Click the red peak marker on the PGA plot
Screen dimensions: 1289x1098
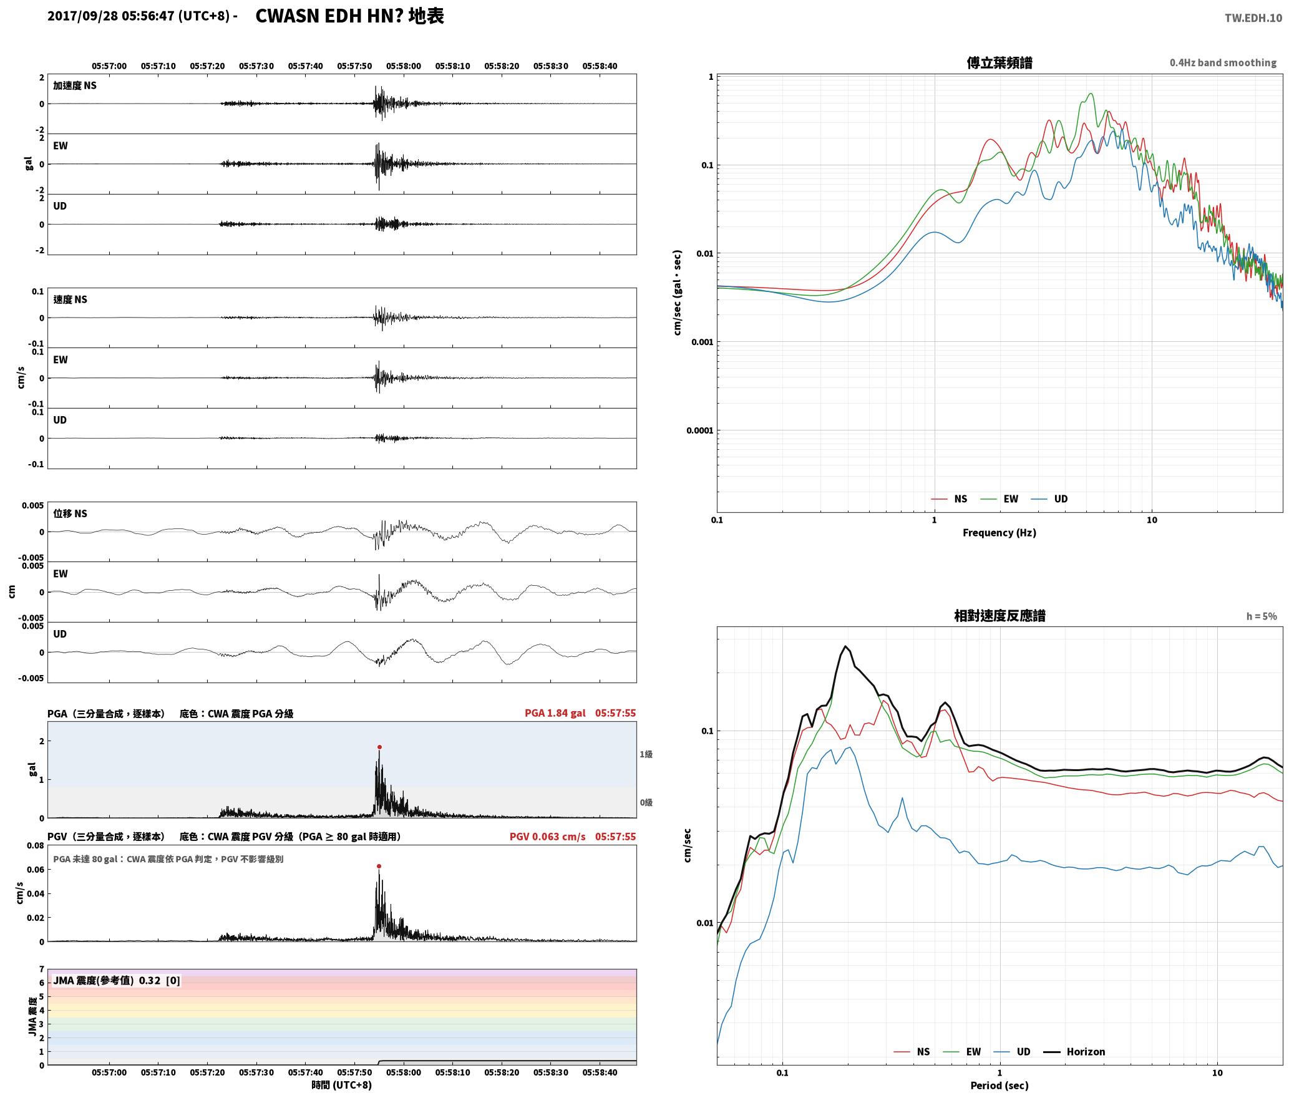[x=379, y=747]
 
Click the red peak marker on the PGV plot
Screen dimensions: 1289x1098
[x=379, y=866]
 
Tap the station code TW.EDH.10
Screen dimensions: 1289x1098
[x=1253, y=17]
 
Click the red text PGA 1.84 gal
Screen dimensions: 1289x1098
[x=555, y=713]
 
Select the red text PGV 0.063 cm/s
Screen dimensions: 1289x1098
[x=547, y=837]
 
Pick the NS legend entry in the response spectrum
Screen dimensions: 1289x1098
[x=912, y=1051]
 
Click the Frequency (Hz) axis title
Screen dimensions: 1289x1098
[x=999, y=532]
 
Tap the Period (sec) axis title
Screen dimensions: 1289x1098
[x=999, y=1085]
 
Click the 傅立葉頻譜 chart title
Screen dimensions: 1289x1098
[x=999, y=62]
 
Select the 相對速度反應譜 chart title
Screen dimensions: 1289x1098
[x=1000, y=615]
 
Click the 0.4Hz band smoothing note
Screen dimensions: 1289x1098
[x=1223, y=62]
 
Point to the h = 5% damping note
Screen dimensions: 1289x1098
[x=1262, y=616]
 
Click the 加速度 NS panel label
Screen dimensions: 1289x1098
[x=75, y=85]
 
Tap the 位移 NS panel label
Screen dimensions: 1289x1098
[x=70, y=513]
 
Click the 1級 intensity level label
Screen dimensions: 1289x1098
[x=646, y=754]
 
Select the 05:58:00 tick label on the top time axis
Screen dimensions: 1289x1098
[x=403, y=66]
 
